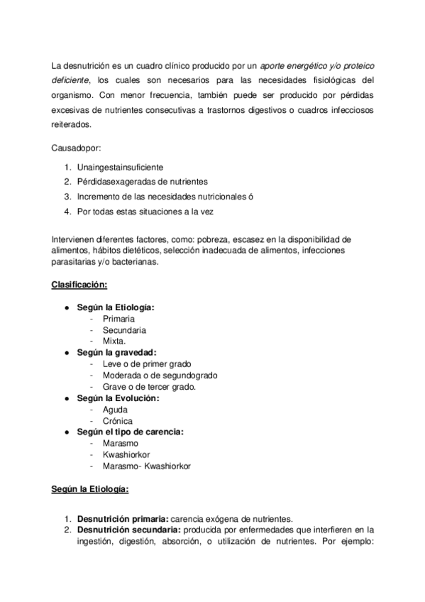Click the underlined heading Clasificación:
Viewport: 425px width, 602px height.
79,285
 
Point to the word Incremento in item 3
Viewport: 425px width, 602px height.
99,196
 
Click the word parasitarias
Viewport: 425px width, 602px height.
74,262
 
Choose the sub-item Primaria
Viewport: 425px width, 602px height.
118,319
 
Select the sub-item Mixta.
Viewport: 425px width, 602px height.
114,341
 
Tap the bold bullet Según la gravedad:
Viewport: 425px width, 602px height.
117,352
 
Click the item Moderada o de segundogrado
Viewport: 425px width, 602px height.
160,376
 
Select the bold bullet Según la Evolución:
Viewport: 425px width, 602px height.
118,398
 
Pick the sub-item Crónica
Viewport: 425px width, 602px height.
117,421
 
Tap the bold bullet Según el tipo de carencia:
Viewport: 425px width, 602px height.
131,432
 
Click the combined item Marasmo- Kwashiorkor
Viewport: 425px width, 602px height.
146,466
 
